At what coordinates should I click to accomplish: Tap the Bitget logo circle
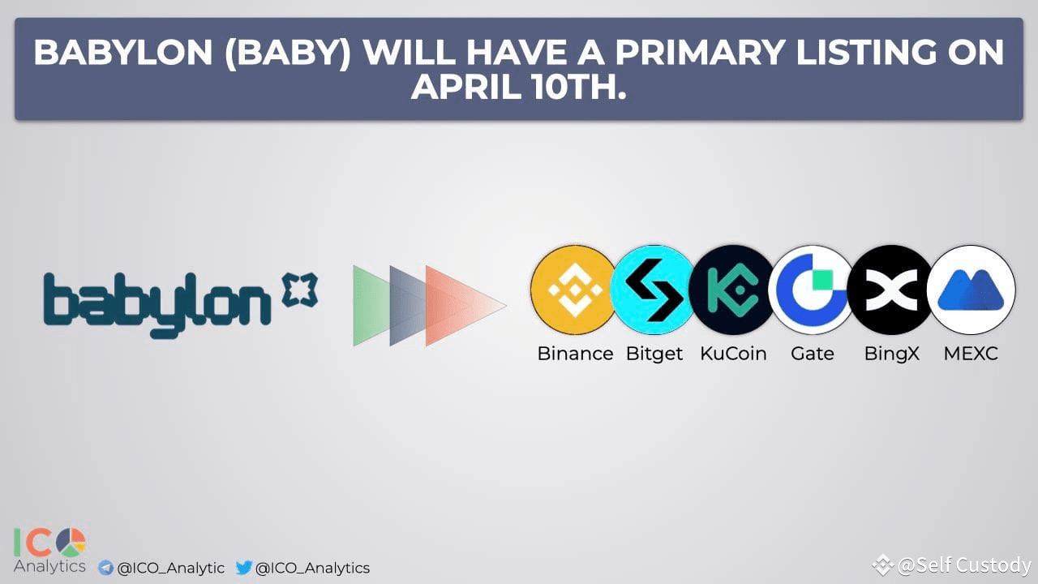[654, 290]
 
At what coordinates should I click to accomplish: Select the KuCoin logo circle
[732, 290]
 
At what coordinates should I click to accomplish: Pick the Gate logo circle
[812, 290]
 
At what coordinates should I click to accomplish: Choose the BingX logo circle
[891, 290]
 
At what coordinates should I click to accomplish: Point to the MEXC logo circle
[971, 290]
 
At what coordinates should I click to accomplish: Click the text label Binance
[575, 354]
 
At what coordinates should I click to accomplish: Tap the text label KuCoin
[733, 354]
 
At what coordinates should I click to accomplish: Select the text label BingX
[891, 354]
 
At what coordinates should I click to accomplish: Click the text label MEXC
[971, 354]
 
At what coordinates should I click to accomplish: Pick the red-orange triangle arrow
[463, 306]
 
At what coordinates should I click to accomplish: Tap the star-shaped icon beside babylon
[300, 290]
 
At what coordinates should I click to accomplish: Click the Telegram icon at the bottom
[105, 568]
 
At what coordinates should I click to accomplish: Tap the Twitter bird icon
[244, 567]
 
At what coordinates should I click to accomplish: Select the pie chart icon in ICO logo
[71, 543]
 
